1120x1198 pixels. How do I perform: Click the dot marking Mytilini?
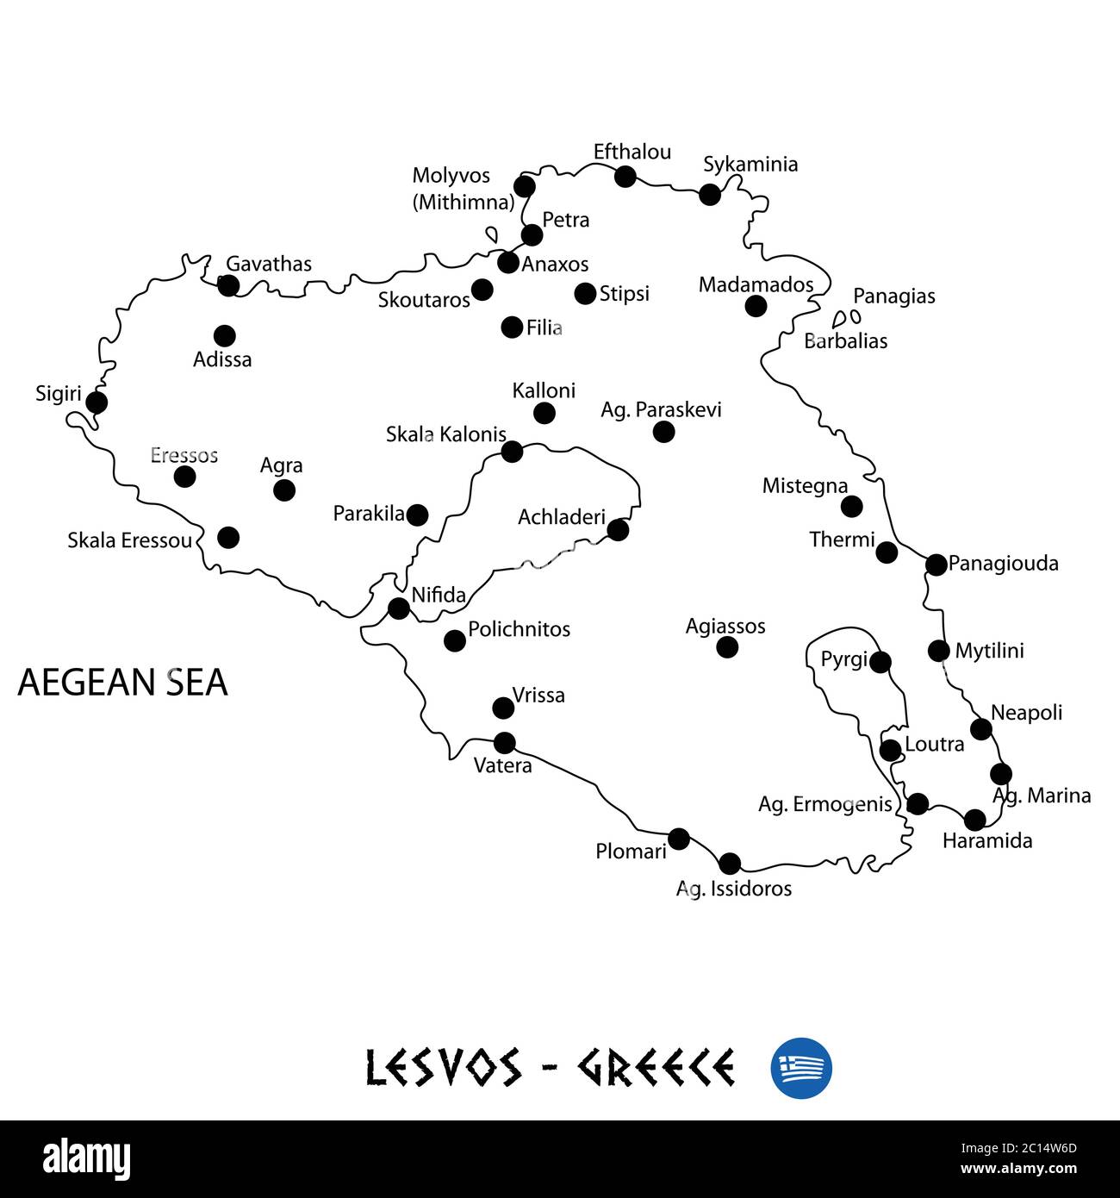(x=938, y=650)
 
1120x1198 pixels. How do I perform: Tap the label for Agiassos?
(x=725, y=627)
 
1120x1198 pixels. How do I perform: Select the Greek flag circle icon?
(x=800, y=1068)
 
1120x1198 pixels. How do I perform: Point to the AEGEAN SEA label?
(x=122, y=682)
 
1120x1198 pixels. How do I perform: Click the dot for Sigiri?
(x=96, y=402)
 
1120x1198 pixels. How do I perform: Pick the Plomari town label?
(x=631, y=852)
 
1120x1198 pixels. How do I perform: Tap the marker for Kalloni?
(x=544, y=413)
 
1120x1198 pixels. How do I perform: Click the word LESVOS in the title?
(x=443, y=1068)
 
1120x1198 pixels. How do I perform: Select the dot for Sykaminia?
(x=709, y=194)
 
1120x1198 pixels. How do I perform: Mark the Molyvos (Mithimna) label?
(x=463, y=189)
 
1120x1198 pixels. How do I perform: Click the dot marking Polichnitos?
(x=454, y=640)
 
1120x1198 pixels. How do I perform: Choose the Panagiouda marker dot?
(x=936, y=565)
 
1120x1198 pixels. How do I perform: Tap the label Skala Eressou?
(x=129, y=540)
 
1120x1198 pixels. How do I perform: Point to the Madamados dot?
(x=755, y=305)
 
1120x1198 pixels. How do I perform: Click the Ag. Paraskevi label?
(x=661, y=409)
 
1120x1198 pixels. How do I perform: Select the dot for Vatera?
(x=504, y=742)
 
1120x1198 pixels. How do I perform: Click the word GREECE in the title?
(x=656, y=1068)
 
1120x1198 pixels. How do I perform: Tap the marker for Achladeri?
(x=618, y=529)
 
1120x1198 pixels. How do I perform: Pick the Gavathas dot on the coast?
(x=228, y=285)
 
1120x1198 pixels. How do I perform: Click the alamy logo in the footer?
(x=87, y=1158)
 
